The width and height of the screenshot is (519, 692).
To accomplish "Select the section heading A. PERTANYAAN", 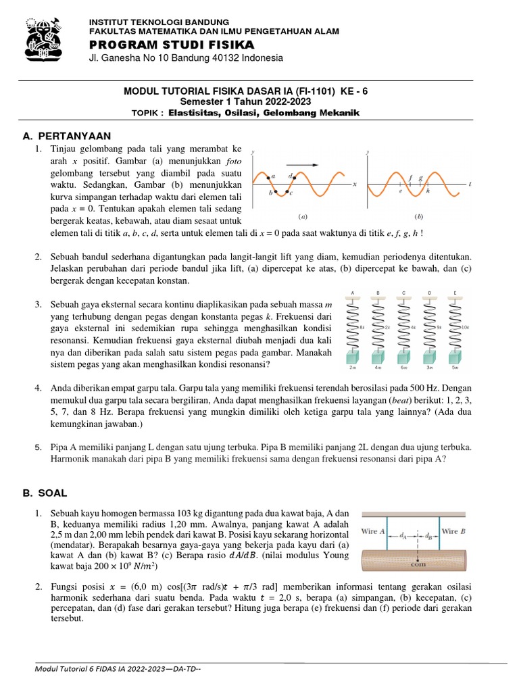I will (x=66, y=135).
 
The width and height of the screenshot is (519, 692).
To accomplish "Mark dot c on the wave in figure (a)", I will (x=285, y=192).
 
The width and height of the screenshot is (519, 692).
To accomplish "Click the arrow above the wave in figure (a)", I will (x=302, y=164).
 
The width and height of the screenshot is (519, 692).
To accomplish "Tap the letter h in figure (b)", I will (x=428, y=192).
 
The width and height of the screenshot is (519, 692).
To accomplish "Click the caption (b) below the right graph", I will (x=418, y=217).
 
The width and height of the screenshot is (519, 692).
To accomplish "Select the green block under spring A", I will (x=352, y=356).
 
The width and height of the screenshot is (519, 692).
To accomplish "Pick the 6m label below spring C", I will (x=404, y=368).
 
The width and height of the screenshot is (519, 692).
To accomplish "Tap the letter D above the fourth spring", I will (x=430, y=293).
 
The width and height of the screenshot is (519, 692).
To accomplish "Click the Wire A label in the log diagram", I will (x=373, y=531).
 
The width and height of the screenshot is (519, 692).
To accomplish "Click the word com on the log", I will (x=420, y=566).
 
